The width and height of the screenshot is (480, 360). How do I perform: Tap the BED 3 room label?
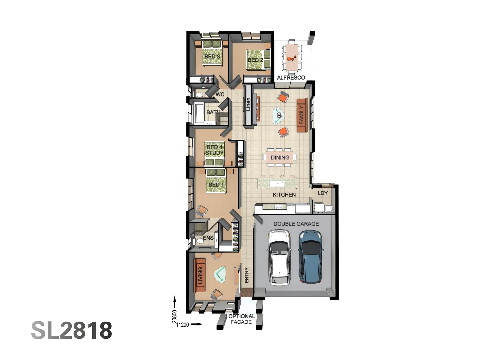pyautogui.click(x=212, y=56)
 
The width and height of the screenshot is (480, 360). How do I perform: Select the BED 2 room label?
pyautogui.click(x=255, y=60)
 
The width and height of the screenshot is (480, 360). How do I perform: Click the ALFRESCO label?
pyautogui.click(x=291, y=78)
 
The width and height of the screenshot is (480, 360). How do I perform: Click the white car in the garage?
pyautogui.click(x=279, y=258)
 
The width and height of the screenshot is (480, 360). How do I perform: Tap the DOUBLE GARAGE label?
pyautogui.click(x=296, y=224)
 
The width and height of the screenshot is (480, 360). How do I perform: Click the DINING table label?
pyautogui.click(x=280, y=157)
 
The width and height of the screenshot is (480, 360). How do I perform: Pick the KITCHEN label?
pyautogui.click(x=284, y=195)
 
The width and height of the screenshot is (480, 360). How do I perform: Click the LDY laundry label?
pyautogui.click(x=322, y=193)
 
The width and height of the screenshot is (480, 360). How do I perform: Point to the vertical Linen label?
pyautogui.click(x=248, y=104)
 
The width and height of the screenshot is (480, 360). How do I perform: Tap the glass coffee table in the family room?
pyautogui.click(x=278, y=116)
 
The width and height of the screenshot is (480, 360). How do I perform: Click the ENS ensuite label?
pyautogui.click(x=208, y=238)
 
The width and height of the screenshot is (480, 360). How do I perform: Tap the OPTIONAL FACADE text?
pyautogui.click(x=241, y=319)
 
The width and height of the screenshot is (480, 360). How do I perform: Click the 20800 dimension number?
pyautogui.click(x=174, y=316)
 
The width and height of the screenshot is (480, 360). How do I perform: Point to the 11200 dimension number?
pyautogui.click(x=182, y=325)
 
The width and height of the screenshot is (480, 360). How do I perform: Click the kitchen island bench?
pyautogui.click(x=277, y=183)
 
